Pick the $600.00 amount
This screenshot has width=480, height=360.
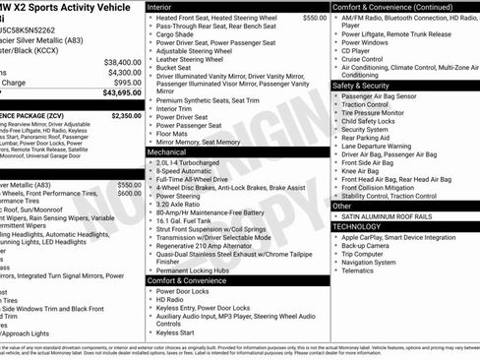click(129, 194)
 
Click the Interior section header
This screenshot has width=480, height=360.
click(159, 6)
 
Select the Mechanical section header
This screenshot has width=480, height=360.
click(167, 152)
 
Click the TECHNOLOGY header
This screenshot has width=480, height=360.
click(358, 226)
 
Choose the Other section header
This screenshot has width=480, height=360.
click(342, 207)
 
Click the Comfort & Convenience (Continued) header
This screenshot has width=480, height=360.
click(391, 6)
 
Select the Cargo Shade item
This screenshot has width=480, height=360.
click(177, 34)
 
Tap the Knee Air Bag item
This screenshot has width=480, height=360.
click(363, 171)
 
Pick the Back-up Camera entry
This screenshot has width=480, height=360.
click(369, 245)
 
